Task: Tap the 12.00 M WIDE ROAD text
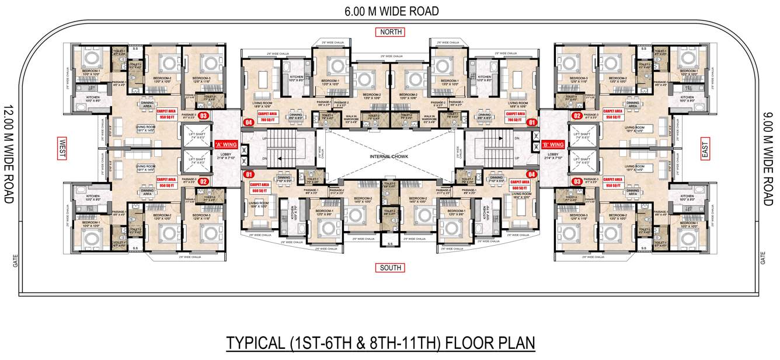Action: [8, 154]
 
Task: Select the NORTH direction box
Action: [391, 32]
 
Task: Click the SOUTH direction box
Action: [391, 268]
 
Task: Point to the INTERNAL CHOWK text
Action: [389, 157]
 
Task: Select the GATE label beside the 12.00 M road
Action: [16, 260]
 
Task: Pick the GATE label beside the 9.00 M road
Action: [763, 257]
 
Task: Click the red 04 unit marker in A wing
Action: [249, 123]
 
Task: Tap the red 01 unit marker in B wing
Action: [531, 123]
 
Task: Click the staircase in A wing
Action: [283, 149]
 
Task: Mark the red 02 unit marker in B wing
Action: [577, 116]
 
